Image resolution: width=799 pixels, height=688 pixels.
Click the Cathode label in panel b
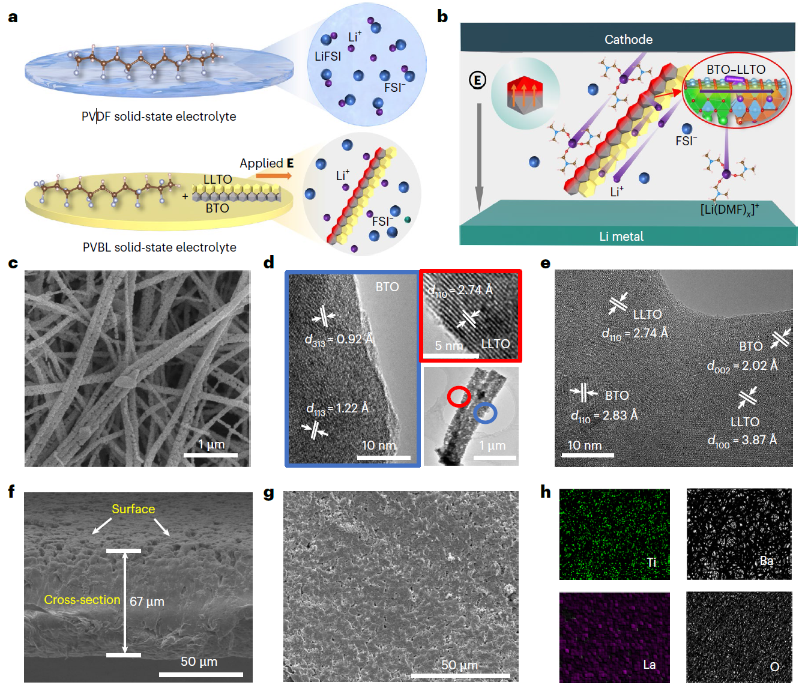(628, 40)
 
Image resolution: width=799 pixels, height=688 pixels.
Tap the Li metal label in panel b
(621, 237)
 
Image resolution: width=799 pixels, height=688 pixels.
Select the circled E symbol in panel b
(477, 80)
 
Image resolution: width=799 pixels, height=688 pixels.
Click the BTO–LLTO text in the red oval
(735, 70)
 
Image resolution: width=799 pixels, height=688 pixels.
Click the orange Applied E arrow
(274, 176)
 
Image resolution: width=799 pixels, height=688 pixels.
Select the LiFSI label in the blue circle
(328, 56)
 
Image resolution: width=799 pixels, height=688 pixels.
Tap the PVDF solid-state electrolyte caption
(158, 116)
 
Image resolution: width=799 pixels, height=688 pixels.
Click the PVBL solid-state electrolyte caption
(159, 247)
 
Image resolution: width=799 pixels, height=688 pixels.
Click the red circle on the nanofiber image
(459, 397)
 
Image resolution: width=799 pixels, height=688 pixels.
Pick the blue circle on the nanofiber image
(485, 413)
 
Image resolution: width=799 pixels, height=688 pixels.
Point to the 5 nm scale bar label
(448, 346)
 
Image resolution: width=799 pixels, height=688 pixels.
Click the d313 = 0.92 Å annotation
(339, 340)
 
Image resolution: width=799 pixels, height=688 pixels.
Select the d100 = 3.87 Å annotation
(742, 441)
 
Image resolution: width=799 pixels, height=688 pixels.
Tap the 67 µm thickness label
(146, 602)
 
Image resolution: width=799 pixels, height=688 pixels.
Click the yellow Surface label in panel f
(133, 509)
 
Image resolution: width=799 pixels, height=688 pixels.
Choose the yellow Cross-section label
(82, 600)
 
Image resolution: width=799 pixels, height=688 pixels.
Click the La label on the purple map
(649, 665)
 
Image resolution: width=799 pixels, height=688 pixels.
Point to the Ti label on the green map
(651, 563)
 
